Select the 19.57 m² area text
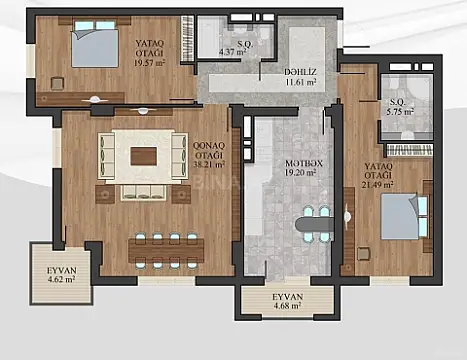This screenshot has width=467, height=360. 150,59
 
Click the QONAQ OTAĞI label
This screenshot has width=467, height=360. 211,149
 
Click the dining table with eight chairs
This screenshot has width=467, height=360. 166,249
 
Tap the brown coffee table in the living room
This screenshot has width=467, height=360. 143,156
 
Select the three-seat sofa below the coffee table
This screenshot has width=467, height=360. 142,191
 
